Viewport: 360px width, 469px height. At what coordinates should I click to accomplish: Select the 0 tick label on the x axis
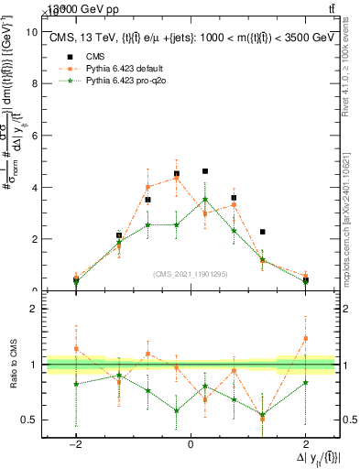tap(191, 443)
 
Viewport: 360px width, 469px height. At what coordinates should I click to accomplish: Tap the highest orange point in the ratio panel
tap(306, 338)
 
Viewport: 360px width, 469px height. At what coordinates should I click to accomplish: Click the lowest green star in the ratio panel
tap(263, 415)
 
